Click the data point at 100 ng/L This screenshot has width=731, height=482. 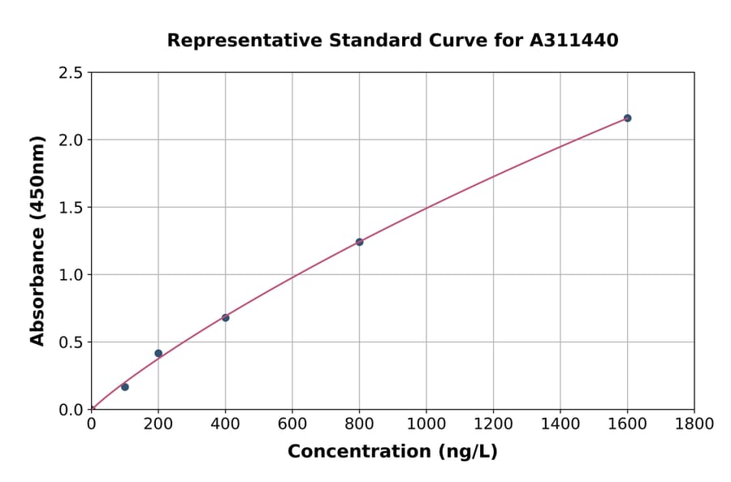click(x=125, y=387)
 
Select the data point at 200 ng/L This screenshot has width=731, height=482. click(x=158, y=353)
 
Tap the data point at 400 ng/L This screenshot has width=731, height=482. click(x=225, y=317)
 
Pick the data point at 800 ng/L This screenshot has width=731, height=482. click(x=359, y=242)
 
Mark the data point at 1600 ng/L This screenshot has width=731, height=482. click(x=627, y=118)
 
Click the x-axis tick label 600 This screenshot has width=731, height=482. click(x=292, y=424)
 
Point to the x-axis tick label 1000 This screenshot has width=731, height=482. click(x=426, y=424)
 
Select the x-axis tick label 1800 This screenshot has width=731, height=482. click(x=694, y=424)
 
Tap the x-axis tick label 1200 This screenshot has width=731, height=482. click(x=493, y=424)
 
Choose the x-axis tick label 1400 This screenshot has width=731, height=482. click(x=560, y=424)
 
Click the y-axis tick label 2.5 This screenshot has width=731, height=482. click(x=71, y=73)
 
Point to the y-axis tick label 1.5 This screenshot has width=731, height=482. click(x=71, y=208)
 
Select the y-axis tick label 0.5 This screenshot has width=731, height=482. click(x=71, y=342)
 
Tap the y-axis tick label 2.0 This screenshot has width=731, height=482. click(x=71, y=140)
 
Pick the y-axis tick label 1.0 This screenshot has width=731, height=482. click(x=71, y=275)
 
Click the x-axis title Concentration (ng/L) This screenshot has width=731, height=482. click(x=392, y=452)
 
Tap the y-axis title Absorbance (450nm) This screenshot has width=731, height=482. click(x=37, y=241)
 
